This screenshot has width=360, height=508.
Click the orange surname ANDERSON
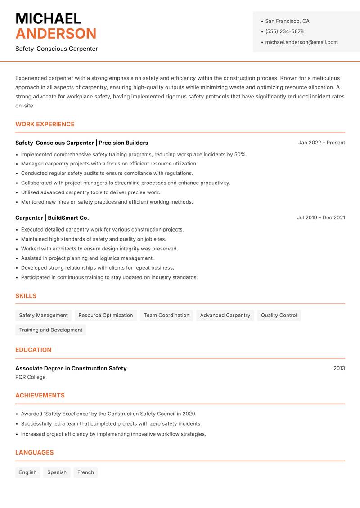[56, 34]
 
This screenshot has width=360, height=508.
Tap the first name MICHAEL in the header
[48, 18]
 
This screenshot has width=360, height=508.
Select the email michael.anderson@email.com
[301, 42]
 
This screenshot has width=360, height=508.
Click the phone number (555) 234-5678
[284, 31]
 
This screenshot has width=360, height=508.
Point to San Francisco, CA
[287, 21]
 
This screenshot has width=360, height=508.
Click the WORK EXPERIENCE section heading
[45, 124]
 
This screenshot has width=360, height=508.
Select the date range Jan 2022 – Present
[321, 143]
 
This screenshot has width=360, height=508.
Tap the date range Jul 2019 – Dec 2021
[321, 218]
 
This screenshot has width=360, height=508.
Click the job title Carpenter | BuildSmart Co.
[52, 218]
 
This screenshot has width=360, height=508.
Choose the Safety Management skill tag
[43, 316]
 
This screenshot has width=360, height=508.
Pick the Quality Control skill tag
[279, 316]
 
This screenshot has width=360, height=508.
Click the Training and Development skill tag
[51, 330]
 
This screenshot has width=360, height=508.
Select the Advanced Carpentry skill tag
[225, 316]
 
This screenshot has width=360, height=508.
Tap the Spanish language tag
[57, 472]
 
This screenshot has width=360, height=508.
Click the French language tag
[85, 472]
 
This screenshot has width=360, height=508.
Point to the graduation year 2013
[339, 368]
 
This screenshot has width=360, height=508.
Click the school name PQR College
[31, 377]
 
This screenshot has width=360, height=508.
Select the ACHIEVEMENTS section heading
[40, 396]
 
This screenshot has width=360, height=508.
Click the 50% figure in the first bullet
[240, 154]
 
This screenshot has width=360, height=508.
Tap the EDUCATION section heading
[33, 350]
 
